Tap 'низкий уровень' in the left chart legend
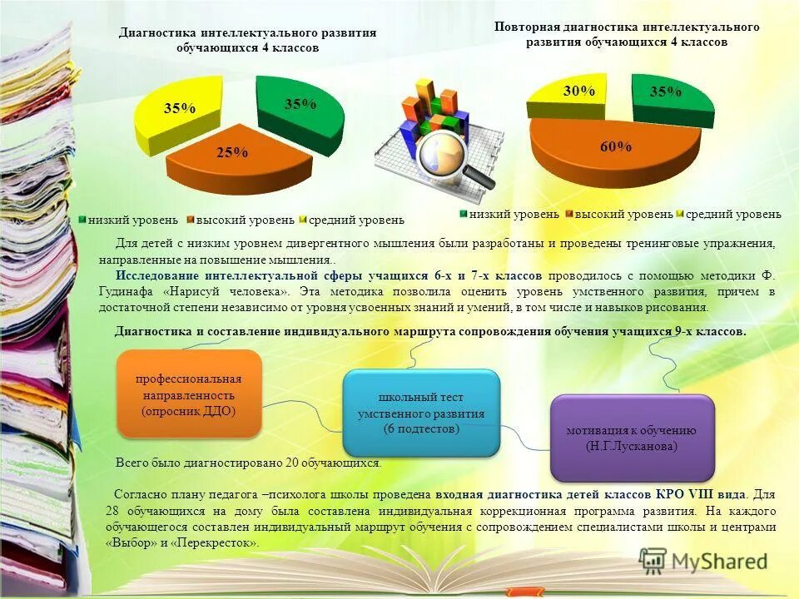pyautogui.click(x=134, y=220)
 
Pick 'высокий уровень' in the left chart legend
pyautogui.click(x=245, y=220)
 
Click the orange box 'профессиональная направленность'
pyautogui.click(x=189, y=394)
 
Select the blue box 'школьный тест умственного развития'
pyautogui.click(x=421, y=413)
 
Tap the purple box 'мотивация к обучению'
pyautogui.click(x=632, y=437)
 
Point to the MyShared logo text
pyautogui.click(x=717, y=561)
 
